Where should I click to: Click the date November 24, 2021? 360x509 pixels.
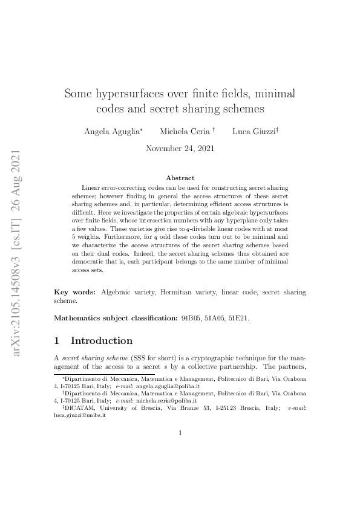click(x=180, y=149)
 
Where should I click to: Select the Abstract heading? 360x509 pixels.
click(x=180, y=178)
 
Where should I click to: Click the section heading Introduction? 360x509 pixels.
click(x=102, y=340)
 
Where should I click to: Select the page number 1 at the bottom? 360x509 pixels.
click(x=180, y=432)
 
